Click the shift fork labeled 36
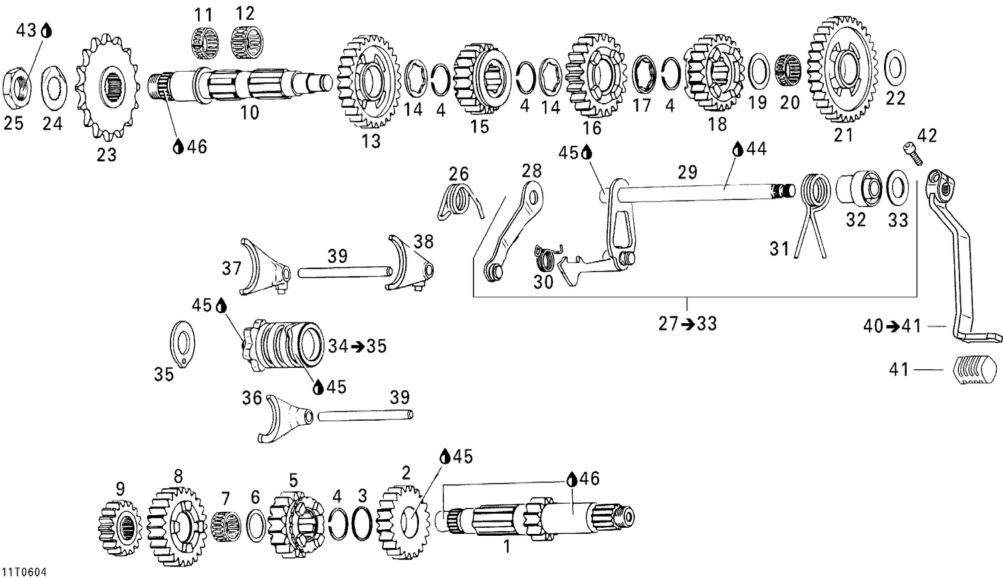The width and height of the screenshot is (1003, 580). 285,419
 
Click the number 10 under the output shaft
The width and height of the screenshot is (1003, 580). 249,112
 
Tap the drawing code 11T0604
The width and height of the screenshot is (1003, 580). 23,573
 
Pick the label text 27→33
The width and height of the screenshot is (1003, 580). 687,324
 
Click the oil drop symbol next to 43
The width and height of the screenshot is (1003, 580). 46,30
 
